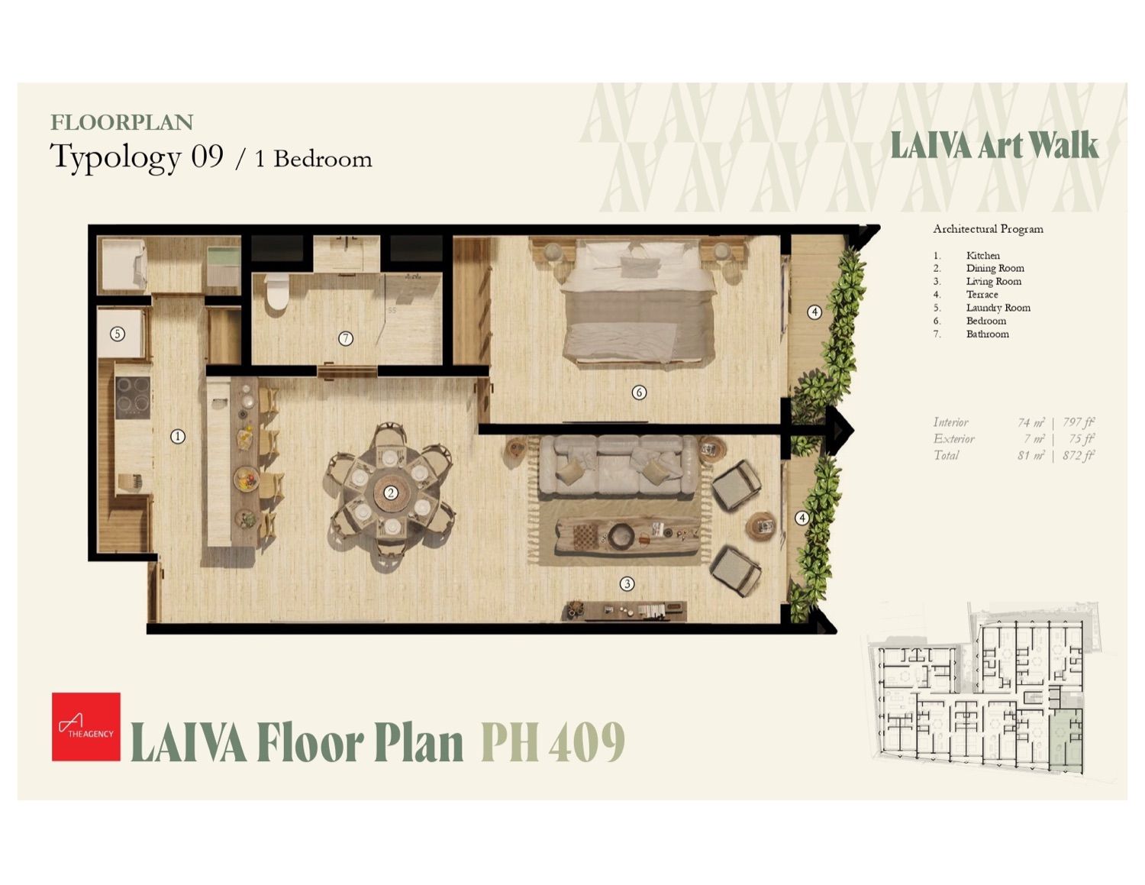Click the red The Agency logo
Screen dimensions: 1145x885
86,726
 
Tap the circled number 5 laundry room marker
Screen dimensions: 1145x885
117,334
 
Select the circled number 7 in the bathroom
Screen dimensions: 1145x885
346,338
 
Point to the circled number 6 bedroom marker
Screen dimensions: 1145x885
639,392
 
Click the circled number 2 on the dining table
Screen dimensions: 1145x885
391,493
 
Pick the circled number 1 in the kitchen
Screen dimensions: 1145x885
178,437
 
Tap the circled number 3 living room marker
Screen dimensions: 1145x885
627,583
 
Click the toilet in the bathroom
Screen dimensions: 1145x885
276,293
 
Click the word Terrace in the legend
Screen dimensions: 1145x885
982,295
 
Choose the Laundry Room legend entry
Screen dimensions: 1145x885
998,308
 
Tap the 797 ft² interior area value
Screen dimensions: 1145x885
1079,422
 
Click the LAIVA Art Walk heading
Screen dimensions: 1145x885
995,145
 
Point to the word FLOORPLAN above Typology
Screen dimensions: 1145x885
121,122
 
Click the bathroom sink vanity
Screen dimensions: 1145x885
347,253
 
